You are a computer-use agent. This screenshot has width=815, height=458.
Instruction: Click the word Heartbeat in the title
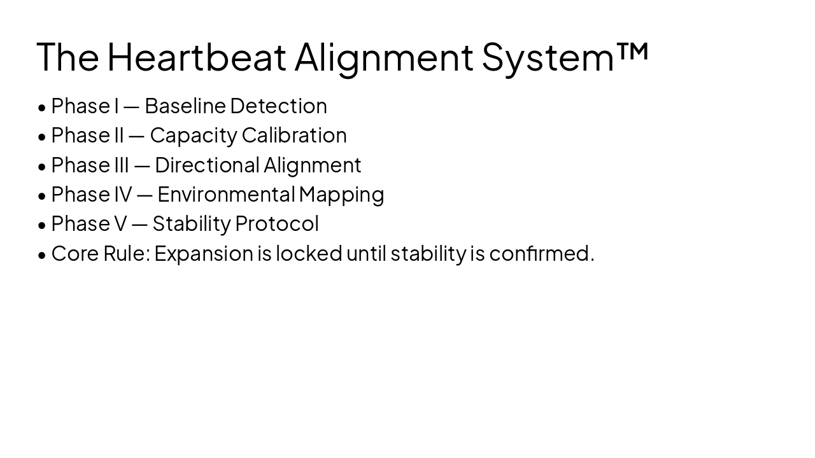pyautogui.click(x=196, y=56)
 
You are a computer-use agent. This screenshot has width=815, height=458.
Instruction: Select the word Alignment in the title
pyautogui.click(x=384, y=57)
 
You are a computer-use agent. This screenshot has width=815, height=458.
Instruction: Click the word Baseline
pyautogui.click(x=185, y=106)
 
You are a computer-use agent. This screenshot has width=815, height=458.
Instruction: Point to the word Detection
pyautogui.click(x=278, y=106)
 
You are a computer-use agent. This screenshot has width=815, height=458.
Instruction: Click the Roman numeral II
pyautogui.click(x=118, y=135)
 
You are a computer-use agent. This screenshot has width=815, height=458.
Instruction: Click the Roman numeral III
pyautogui.click(x=121, y=165)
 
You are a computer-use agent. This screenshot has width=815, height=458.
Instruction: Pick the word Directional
pyautogui.click(x=207, y=165)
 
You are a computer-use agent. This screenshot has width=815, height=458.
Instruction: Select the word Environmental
pyautogui.click(x=226, y=194)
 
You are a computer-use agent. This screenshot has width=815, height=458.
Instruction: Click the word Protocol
pyautogui.click(x=276, y=223)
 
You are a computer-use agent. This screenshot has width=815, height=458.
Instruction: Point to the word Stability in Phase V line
pyautogui.click(x=191, y=224)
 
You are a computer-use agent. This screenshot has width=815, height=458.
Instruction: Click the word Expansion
pyautogui.click(x=204, y=254)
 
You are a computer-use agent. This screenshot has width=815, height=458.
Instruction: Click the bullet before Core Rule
pyautogui.click(x=42, y=254)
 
